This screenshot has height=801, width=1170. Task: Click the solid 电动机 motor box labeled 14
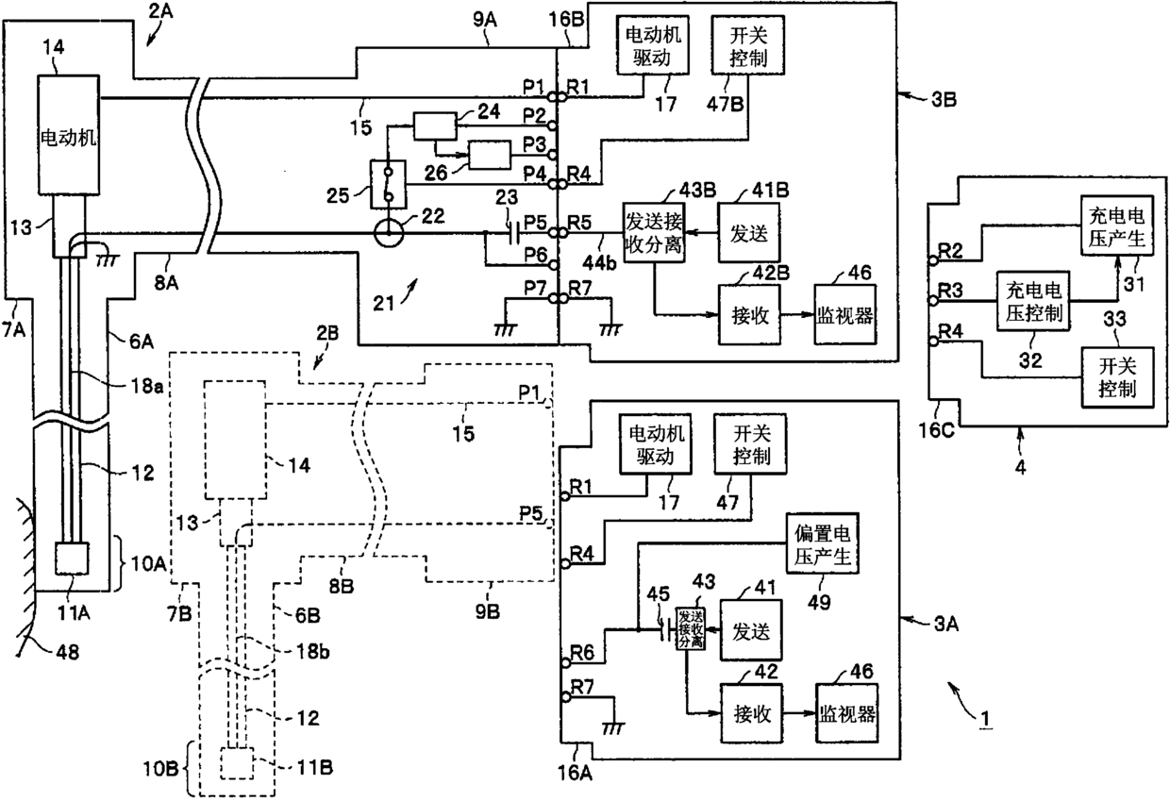pos(69,135)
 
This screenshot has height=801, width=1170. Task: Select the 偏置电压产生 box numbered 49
pos(822,543)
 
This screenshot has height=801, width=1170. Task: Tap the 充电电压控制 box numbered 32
pos(1033,301)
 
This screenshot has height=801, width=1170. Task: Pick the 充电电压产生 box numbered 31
pos(1117,225)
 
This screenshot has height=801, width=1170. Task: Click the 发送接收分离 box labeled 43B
pos(654,233)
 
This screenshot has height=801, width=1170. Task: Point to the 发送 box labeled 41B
pos(749,233)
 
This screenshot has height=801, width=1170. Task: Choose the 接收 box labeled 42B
pos(749,315)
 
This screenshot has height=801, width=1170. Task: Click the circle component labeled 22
pos(389,233)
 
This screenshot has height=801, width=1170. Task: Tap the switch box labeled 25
pos(388,184)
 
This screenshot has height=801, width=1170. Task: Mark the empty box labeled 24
pos(435,125)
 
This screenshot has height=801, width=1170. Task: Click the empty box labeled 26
pos(490,155)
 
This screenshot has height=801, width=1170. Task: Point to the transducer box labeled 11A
pos(72,559)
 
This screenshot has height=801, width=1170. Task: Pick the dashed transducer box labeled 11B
pos(237,763)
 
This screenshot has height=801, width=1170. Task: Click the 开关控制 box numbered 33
pos(1117,377)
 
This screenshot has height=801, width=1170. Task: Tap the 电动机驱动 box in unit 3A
pos(655,444)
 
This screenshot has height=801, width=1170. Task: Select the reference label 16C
pos(936,429)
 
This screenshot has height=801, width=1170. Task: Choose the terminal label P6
pos(536,255)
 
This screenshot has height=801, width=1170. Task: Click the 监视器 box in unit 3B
pos(845,315)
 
